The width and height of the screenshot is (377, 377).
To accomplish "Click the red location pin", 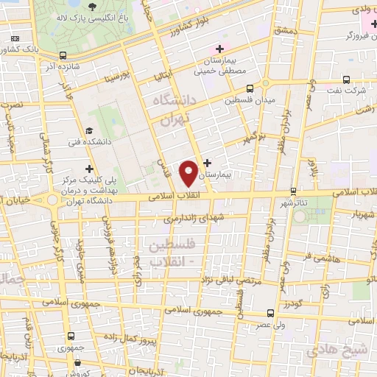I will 189,173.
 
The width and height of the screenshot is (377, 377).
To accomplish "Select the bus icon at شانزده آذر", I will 63,55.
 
